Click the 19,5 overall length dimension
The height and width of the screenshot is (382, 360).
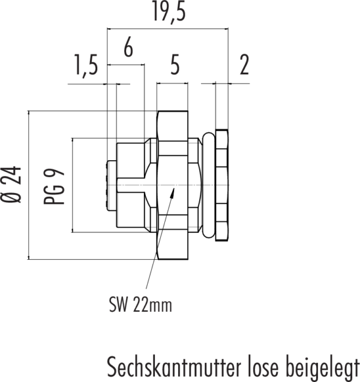click(x=169, y=11)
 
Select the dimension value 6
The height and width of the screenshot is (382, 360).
click(x=128, y=47)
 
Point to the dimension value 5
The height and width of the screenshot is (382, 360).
click(x=175, y=64)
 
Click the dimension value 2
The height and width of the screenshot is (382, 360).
click(x=244, y=65)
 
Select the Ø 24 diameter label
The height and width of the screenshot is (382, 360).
click(x=11, y=185)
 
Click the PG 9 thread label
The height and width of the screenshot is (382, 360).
click(x=54, y=186)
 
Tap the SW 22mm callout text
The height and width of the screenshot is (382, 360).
click(x=140, y=305)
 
